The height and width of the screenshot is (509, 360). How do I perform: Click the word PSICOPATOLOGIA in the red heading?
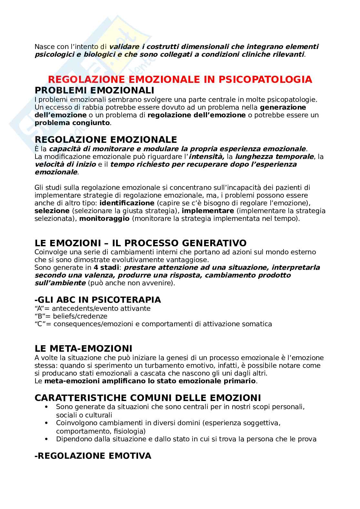pos(267,79)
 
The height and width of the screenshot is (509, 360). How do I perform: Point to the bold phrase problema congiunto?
pos(72,123)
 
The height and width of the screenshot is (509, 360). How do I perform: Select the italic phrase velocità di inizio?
pos(65,164)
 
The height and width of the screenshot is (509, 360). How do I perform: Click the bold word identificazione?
pos(127,203)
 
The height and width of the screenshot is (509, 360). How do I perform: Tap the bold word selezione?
pos(52,211)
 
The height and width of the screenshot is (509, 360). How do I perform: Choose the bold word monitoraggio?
pos(104,219)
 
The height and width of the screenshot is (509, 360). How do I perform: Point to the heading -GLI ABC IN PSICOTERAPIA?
pos(97,300)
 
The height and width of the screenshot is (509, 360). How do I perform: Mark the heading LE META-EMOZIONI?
pos(83,348)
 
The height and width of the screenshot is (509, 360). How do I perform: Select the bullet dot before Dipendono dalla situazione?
pos(47,439)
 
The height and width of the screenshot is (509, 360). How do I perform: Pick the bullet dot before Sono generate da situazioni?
pos(47,407)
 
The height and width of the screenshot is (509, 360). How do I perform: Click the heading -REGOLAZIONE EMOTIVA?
pos(93,456)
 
